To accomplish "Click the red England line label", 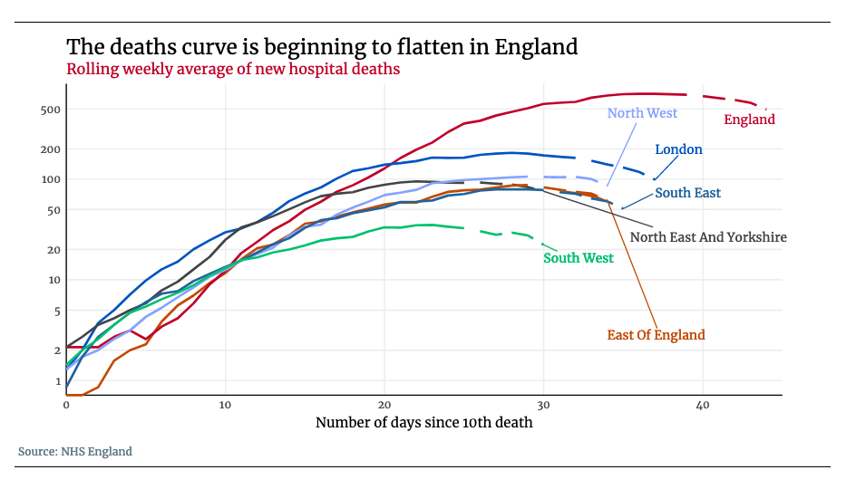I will [x=749, y=120].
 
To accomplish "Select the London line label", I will [x=678, y=149].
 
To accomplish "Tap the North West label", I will [x=642, y=113].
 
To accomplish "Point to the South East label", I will [x=687, y=193].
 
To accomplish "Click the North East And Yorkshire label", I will [x=707, y=237].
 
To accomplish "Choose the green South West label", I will [x=579, y=258].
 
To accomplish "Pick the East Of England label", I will [x=656, y=335].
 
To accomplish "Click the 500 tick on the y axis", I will [x=50, y=110].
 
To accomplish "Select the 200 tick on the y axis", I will [x=50, y=149].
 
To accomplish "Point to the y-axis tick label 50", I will [x=53, y=210].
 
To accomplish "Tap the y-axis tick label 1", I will [x=56, y=381].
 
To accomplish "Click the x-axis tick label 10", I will [x=225, y=405].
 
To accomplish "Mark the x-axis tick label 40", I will [x=702, y=405].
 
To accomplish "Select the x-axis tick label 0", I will [x=66, y=405].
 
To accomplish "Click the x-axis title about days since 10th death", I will [x=423, y=423].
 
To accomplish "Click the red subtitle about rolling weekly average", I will [x=233, y=69].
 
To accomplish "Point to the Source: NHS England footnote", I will [x=75, y=452].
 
